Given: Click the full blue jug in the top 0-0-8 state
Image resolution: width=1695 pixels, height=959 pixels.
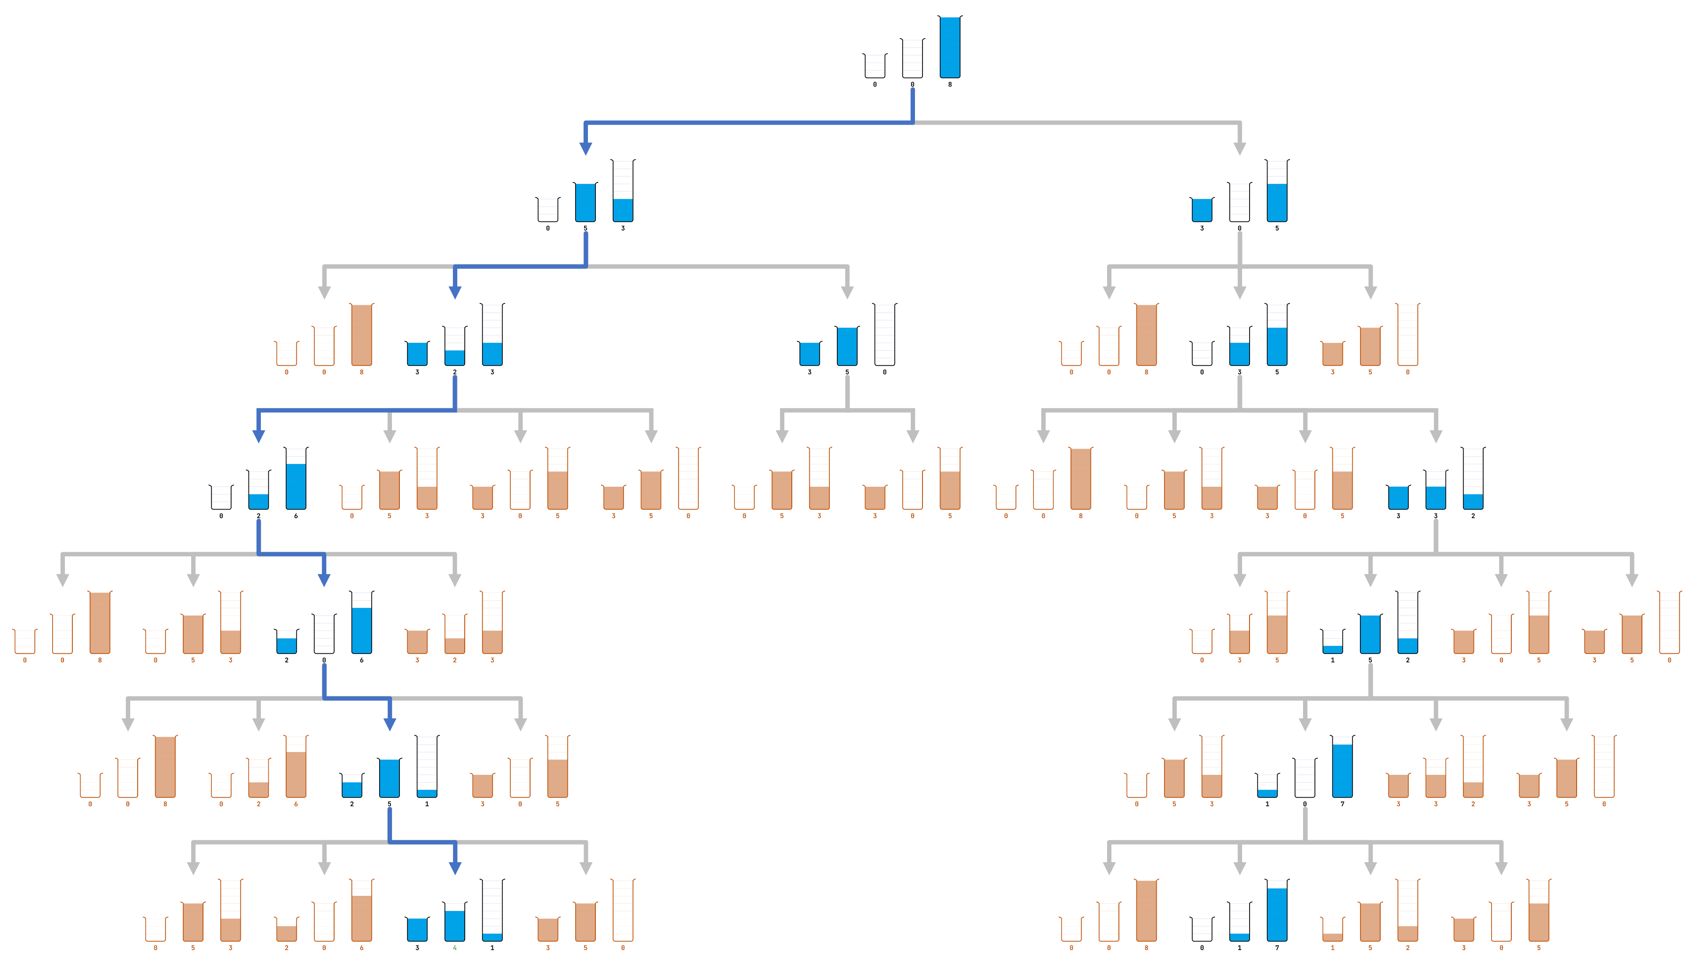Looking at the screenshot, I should coord(950,47).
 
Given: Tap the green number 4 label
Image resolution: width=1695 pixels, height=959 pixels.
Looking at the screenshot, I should coord(454,948).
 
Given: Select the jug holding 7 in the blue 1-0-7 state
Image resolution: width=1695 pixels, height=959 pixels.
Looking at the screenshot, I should coord(1342,767).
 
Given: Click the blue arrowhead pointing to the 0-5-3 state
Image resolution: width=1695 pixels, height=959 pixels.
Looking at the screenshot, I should coord(585,149).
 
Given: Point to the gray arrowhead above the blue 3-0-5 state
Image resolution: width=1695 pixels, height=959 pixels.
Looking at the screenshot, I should coord(1240,149).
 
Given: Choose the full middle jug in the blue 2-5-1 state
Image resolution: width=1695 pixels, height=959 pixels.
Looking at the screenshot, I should coord(389,778).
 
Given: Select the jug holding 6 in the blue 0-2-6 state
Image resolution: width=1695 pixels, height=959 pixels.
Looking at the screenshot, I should coord(296,480).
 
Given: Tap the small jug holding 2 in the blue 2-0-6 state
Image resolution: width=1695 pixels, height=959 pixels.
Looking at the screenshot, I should coord(286,643).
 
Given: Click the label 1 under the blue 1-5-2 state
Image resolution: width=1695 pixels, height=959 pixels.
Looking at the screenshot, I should coord(1332,660).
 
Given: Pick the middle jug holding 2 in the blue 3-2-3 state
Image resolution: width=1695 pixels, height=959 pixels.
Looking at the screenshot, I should coord(454,348).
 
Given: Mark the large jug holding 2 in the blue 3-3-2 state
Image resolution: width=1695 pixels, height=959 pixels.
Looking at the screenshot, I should coord(1473,480).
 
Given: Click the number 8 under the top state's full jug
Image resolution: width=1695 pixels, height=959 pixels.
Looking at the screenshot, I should coord(950,84).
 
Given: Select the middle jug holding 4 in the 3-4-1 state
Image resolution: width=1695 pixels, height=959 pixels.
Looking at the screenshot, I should coord(454,923).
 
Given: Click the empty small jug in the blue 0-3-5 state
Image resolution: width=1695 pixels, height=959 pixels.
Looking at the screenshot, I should coord(1202,354).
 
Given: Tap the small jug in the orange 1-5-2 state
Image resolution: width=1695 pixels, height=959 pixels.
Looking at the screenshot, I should coord(1332,930).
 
